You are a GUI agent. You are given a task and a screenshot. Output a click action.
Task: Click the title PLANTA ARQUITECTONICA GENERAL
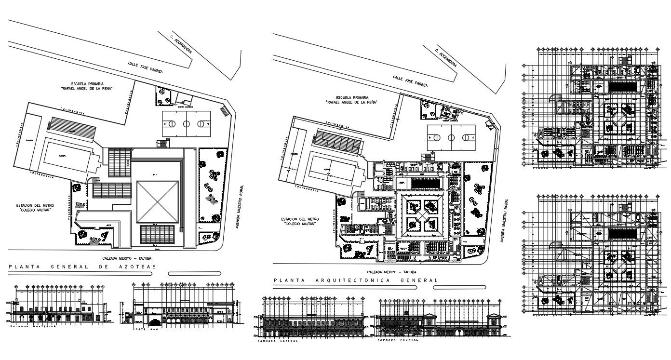pyautogui.click(x=356, y=280)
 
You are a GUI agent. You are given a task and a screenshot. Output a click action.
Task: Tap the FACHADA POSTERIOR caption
pyautogui.click(x=33, y=326)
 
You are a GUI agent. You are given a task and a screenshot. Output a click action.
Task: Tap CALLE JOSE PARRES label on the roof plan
pyautogui.click(x=145, y=67)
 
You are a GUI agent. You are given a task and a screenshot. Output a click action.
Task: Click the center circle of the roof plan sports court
pyautogui.click(x=186, y=123)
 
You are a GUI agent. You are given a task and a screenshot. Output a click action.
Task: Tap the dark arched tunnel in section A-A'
pyautogui.click(x=155, y=322)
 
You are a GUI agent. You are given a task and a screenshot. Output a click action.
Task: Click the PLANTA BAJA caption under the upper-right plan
pyautogui.click(x=544, y=169)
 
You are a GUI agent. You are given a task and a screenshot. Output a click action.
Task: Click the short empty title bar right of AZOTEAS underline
pyautogui.click(x=194, y=273)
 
